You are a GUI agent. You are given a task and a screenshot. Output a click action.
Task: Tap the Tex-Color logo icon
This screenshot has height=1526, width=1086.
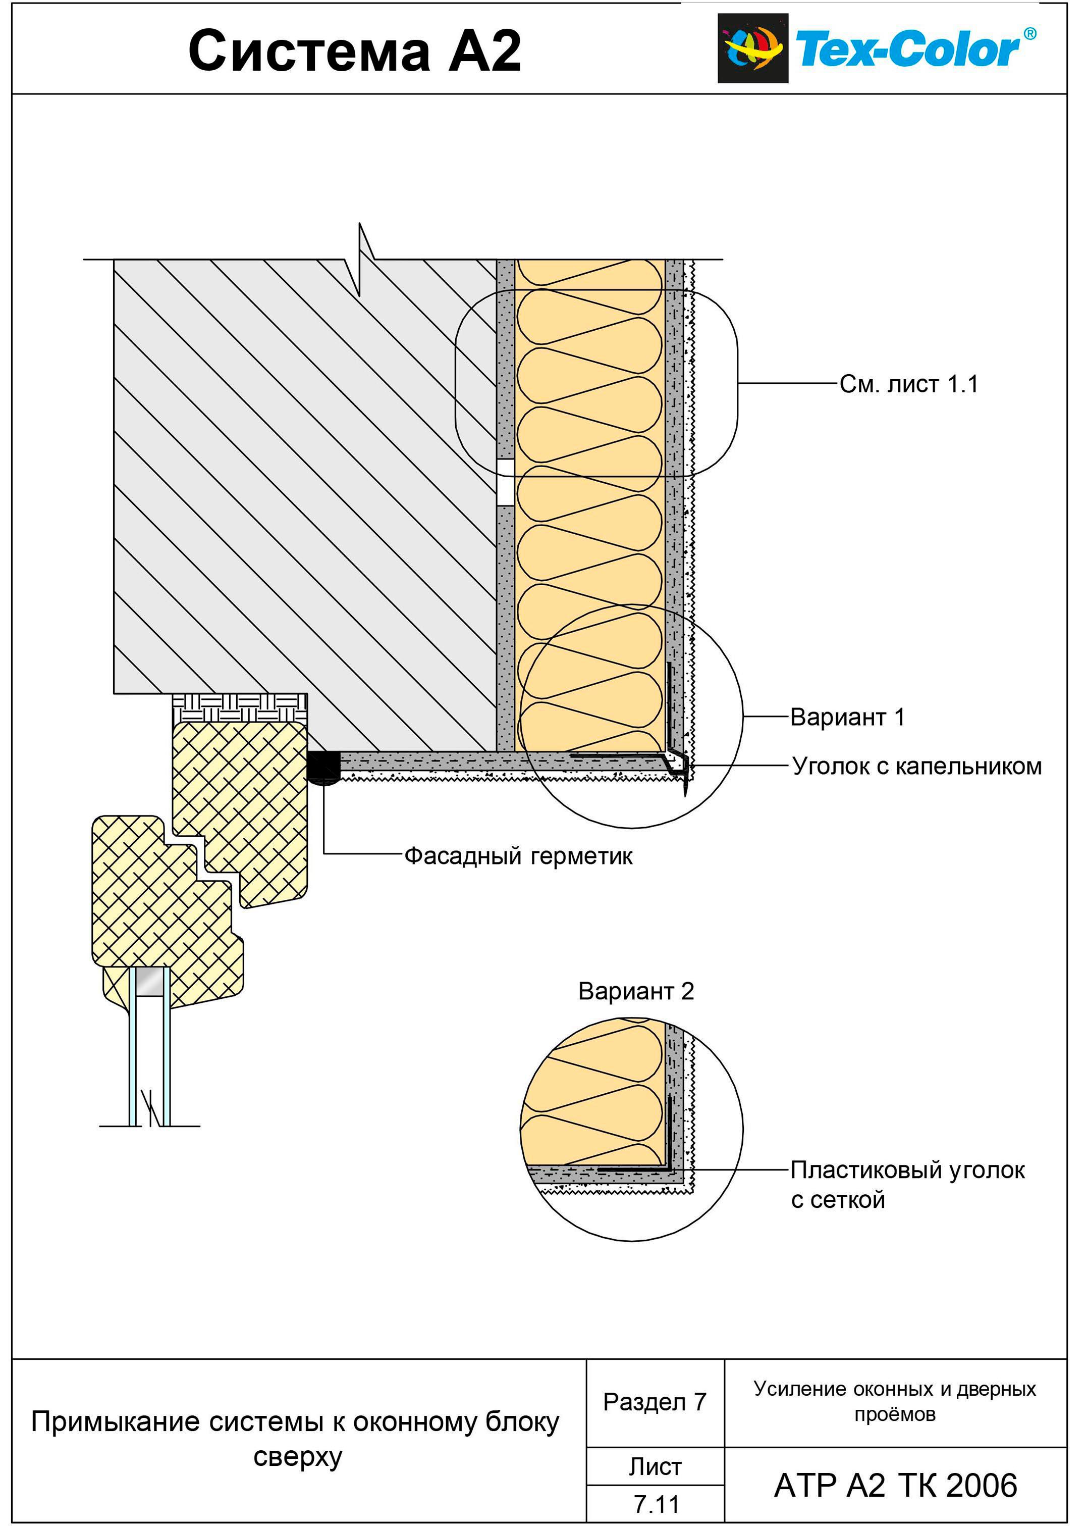(752, 48)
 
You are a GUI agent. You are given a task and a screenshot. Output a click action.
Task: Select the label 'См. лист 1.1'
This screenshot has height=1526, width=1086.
(909, 384)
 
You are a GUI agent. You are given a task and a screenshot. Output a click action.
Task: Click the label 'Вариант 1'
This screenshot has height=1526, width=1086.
(847, 717)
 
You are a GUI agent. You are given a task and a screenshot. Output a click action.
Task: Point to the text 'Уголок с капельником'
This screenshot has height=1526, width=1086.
(917, 766)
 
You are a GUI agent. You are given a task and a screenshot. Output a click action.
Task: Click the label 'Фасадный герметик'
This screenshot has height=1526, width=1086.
(518, 855)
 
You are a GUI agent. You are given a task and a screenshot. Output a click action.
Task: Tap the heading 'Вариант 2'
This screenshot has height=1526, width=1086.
(636, 991)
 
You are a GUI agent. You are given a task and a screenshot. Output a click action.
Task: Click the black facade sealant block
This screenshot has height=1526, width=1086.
(323, 767)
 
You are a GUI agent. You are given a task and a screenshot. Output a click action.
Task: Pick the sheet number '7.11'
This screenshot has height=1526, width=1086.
(656, 1505)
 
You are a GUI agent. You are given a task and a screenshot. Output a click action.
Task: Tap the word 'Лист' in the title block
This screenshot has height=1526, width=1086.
(656, 1467)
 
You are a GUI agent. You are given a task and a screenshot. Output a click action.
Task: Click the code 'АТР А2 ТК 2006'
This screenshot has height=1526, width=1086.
(895, 1486)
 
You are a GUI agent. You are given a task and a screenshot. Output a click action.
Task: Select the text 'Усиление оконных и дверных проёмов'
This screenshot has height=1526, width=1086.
(895, 1401)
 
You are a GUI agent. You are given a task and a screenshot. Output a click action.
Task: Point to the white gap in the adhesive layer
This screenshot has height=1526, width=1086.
(506, 482)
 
